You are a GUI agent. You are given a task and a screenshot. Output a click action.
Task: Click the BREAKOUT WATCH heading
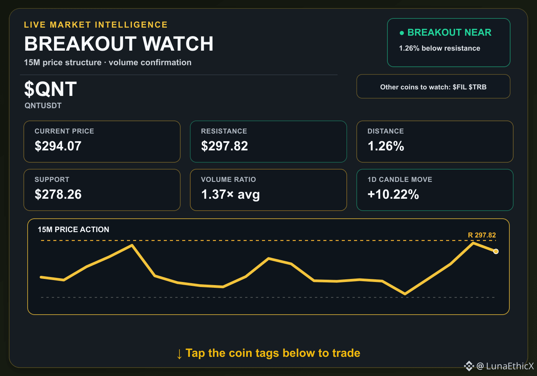click(x=119, y=44)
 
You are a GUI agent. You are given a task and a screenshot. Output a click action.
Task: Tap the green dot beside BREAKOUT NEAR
click(x=402, y=33)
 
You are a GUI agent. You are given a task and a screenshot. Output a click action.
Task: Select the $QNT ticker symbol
click(x=50, y=89)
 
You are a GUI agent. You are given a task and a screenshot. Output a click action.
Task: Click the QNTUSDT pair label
click(x=43, y=106)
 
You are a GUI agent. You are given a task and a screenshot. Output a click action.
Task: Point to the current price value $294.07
click(x=58, y=146)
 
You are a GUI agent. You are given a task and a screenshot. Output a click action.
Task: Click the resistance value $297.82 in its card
click(x=224, y=146)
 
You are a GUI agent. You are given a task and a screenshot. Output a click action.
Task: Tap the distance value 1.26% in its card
click(x=386, y=146)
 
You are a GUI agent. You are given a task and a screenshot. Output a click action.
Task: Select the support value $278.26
click(x=58, y=194)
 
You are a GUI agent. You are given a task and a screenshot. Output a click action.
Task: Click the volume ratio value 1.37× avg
click(x=231, y=194)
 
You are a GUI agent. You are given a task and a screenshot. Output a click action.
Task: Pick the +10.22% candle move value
click(x=393, y=194)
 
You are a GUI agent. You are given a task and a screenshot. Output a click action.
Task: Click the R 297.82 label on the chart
click(x=482, y=235)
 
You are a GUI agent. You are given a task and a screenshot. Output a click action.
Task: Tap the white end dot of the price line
click(x=496, y=251)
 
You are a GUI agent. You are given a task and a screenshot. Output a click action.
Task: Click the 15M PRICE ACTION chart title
click(x=73, y=229)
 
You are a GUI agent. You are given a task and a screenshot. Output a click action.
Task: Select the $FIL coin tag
click(x=460, y=87)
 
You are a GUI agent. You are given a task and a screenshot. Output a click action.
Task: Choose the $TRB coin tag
click(x=478, y=87)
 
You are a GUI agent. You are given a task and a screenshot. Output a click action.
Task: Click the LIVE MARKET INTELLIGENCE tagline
click(x=96, y=25)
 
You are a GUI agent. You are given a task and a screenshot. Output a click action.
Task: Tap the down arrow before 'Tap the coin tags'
click(x=180, y=354)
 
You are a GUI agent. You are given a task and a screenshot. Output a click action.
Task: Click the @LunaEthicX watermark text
click(x=505, y=366)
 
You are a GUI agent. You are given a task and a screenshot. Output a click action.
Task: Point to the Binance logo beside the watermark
click(x=469, y=366)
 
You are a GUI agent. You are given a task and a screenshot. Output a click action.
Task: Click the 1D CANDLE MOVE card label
click(x=400, y=180)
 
